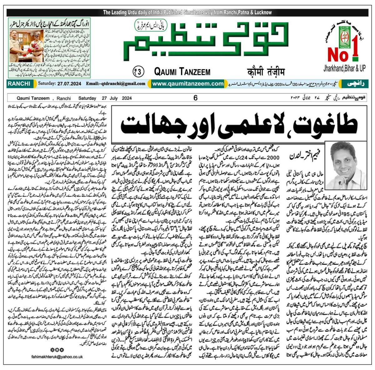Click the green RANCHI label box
[x=19, y=84]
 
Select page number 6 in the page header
[x=196, y=98]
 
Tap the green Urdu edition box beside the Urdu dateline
[x=354, y=84]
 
